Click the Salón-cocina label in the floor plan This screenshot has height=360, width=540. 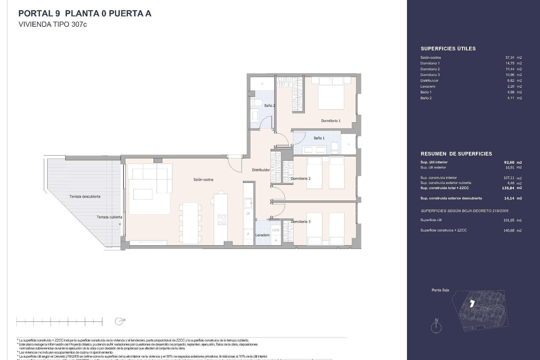coord(203,179)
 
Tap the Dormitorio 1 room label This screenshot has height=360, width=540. coord(331,121)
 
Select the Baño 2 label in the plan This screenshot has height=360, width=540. coord(269,105)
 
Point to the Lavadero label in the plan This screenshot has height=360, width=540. coord(262,235)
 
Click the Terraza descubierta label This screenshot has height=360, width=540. coord(85,196)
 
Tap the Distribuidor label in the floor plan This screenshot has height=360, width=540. coord(261,170)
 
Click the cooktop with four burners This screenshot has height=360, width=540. coord(222,219)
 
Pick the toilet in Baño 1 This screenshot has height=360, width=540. coord(334,148)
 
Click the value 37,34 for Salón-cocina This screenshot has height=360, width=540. coord(510,57)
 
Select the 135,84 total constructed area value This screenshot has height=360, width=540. coord(508,188)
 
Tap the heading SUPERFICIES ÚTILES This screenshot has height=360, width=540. coord(448,49)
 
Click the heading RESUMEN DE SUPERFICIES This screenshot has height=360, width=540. coord(456,154)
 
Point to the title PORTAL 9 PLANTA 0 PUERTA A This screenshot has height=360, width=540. coord(85,13)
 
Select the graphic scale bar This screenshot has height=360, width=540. coord(59,321)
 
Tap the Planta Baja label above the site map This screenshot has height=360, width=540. coord(440,290)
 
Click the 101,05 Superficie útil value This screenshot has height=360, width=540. coord(508,220)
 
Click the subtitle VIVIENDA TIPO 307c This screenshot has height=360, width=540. coord(53,24)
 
